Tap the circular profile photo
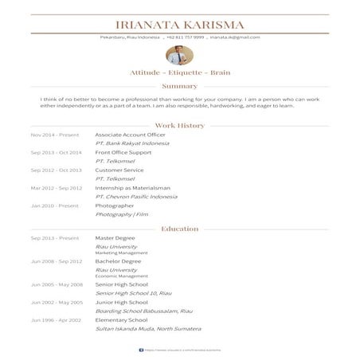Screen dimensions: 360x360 (179, 56)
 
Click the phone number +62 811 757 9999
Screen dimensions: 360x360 (186, 37)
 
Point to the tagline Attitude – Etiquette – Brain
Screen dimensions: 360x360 (179, 72)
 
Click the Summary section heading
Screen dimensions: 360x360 (179, 86)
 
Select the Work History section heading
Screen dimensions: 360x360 (179, 125)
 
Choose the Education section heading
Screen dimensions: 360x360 (179, 229)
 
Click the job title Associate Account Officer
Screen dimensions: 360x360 (130, 135)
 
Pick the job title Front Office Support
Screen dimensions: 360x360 (123, 152)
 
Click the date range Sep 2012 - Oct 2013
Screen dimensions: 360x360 (56, 170)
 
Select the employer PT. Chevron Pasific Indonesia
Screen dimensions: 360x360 (136, 196)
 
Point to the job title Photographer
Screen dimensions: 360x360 (115, 205)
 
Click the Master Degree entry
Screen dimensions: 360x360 (115, 238)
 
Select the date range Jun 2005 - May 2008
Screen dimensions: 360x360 (57, 284)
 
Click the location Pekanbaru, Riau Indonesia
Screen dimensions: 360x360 (130, 37)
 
